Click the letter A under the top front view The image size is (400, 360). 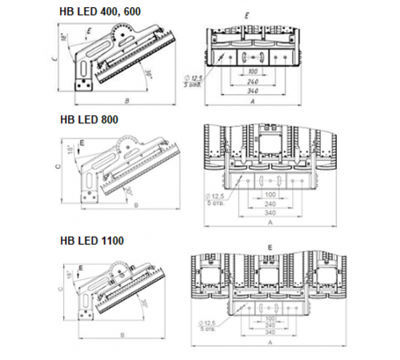[x=252, y=103]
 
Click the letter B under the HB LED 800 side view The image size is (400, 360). [x=135, y=206]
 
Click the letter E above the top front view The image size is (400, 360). [x=247, y=14]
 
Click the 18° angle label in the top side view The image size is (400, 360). [x=63, y=38]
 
